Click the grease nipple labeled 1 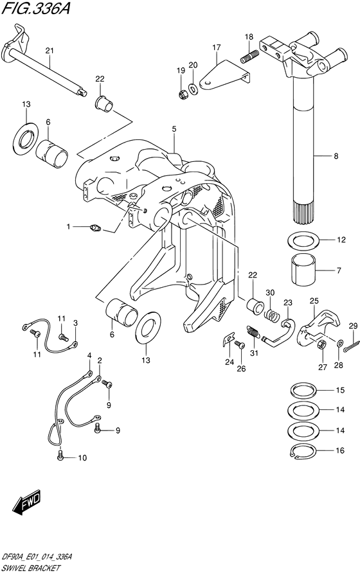click(x=96, y=226)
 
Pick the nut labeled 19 click(x=182, y=95)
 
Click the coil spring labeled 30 click(x=272, y=314)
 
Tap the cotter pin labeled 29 click(x=348, y=347)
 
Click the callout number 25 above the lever click(x=313, y=301)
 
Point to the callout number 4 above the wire click(x=89, y=356)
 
